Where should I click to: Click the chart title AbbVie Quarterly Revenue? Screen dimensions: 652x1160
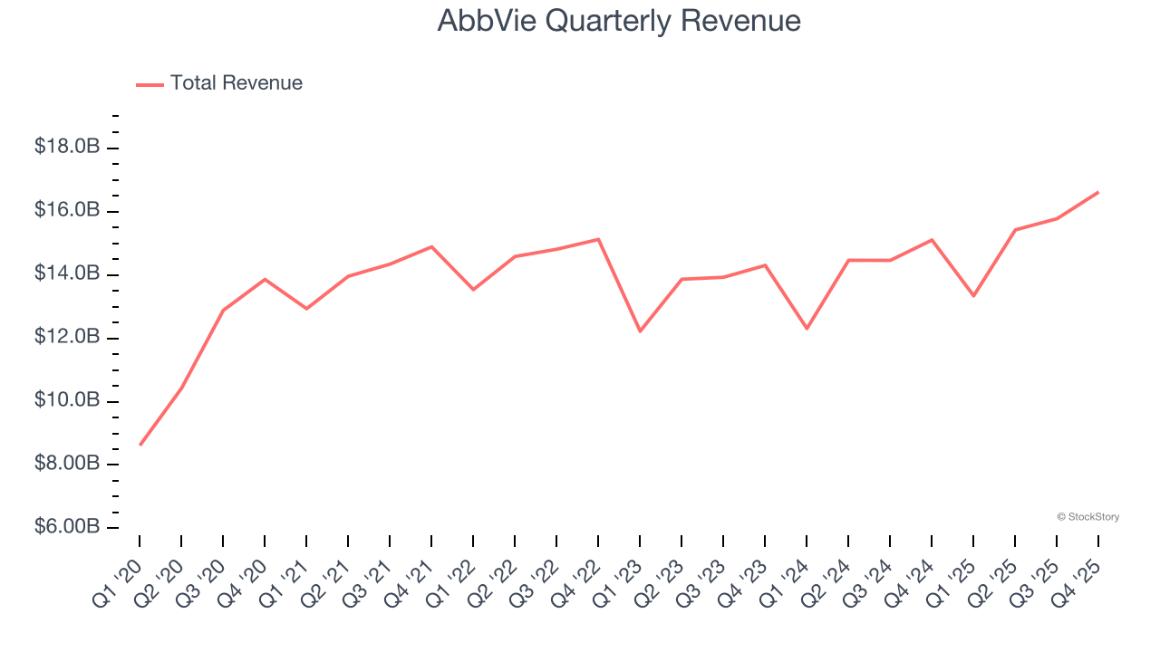(x=619, y=21)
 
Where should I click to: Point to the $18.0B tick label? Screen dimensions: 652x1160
(x=67, y=147)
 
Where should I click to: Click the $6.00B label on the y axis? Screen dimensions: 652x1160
(x=67, y=527)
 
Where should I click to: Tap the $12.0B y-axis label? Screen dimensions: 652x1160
(x=67, y=337)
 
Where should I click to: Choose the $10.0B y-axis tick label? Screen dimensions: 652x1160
(x=67, y=400)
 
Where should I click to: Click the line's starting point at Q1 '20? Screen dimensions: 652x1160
(x=140, y=445)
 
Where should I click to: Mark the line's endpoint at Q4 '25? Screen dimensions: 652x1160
(x=1098, y=192)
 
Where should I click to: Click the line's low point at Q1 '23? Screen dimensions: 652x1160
(x=640, y=331)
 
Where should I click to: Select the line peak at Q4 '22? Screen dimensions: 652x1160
(x=598, y=239)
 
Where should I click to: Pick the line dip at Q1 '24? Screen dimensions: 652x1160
(x=807, y=328)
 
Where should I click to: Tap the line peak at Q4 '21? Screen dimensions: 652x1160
(x=431, y=246)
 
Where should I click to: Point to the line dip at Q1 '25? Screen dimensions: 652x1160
(x=973, y=296)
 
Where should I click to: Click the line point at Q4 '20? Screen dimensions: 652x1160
(x=265, y=279)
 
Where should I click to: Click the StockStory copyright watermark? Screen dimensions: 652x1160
(x=1087, y=517)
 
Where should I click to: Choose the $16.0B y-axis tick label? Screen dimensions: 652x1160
(x=67, y=210)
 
